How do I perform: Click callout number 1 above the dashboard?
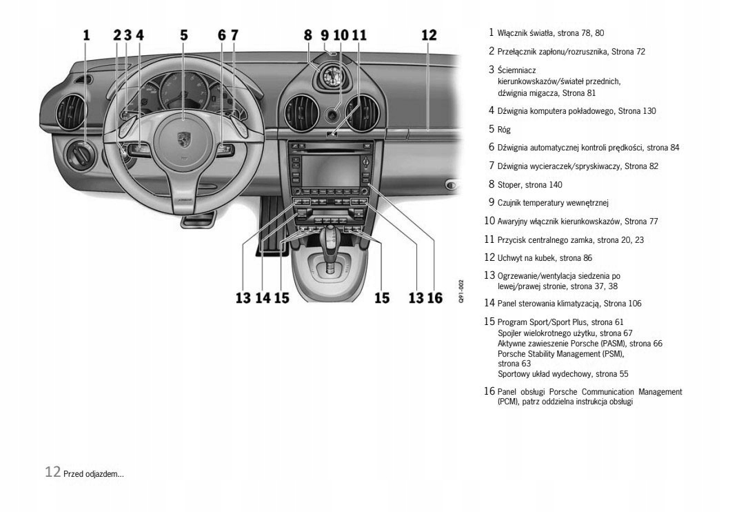[x=87, y=34]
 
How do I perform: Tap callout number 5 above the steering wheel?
[x=183, y=34]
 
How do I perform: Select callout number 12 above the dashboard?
[x=429, y=34]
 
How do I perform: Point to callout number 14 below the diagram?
[x=263, y=297]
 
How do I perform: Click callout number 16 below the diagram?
[x=434, y=297]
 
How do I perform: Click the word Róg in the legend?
[x=504, y=129]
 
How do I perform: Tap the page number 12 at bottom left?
[x=52, y=473]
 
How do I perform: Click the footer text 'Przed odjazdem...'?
[x=94, y=474]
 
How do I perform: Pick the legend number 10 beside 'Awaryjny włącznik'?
[x=489, y=221]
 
